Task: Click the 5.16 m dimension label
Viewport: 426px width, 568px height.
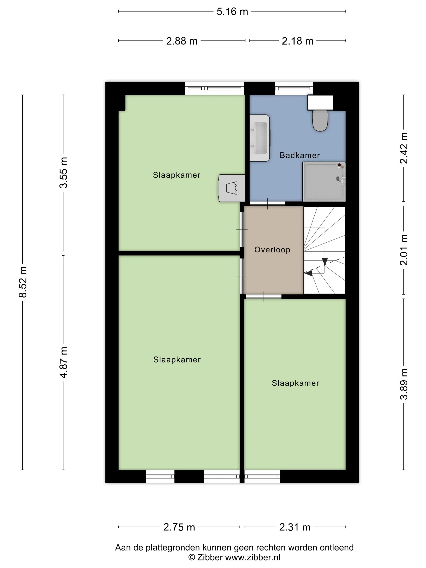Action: (x=232, y=12)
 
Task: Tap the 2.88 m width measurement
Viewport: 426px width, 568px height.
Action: (x=182, y=41)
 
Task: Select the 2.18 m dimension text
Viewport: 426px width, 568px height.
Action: (x=298, y=41)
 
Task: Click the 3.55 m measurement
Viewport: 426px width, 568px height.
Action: (x=63, y=173)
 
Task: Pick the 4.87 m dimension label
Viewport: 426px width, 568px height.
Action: (x=63, y=362)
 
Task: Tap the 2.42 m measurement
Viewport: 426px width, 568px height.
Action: (x=404, y=148)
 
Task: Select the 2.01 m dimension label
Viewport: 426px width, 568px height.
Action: (x=404, y=250)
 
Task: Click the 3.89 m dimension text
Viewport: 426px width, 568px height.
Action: (x=404, y=384)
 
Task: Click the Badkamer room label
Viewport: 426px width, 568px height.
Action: (x=300, y=155)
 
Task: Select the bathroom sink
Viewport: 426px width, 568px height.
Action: (x=260, y=138)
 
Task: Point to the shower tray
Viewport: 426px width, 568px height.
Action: (x=324, y=182)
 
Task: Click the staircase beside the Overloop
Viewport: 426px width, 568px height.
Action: (x=325, y=250)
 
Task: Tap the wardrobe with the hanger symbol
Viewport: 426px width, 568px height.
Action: (x=232, y=188)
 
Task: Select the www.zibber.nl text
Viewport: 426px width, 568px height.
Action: (x=253, y=557)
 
